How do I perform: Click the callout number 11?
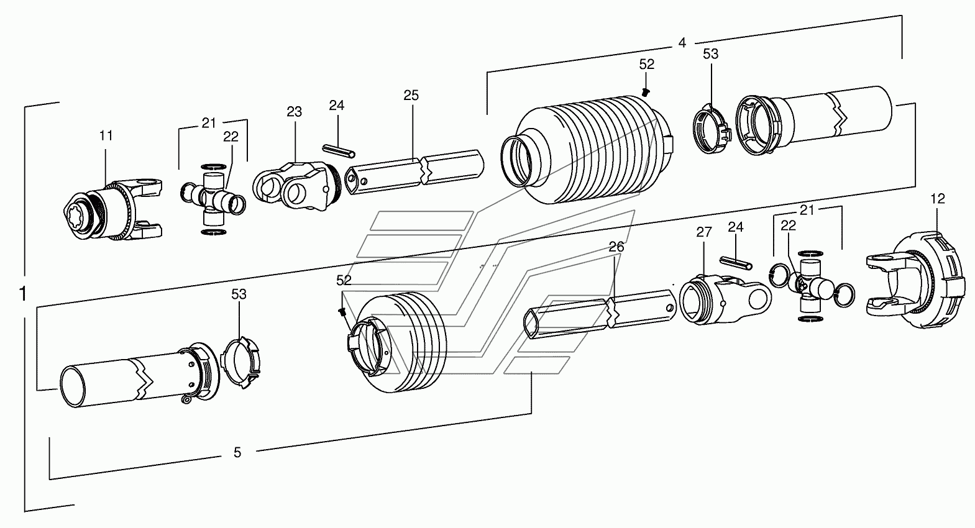pos(106,135)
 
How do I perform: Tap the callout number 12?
pos(938,199)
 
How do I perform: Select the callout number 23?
pos(295,112)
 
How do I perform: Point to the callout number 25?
pos(411,95)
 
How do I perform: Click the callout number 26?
pos(616,247)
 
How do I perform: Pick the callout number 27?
pos(704,232)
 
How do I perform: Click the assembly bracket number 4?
pos(682,43)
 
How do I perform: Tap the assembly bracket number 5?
pos(237,453)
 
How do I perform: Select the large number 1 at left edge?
pos(23,294)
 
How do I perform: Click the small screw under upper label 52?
pos(646,92)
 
